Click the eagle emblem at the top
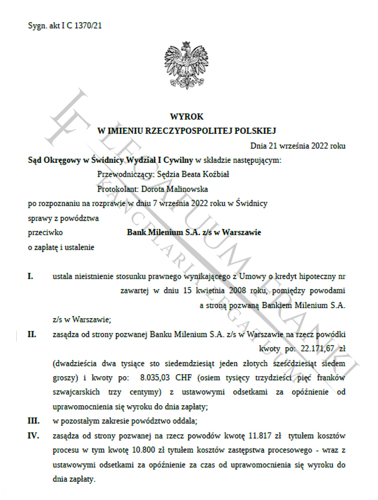[186, 65]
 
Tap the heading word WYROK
[186, 116]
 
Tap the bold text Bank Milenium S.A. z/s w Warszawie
[194, 232]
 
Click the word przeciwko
[45, 232]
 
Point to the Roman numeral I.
[30, 276]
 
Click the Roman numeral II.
[32, 334]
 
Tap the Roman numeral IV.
[33, 436]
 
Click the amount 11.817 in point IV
[260, 436]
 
